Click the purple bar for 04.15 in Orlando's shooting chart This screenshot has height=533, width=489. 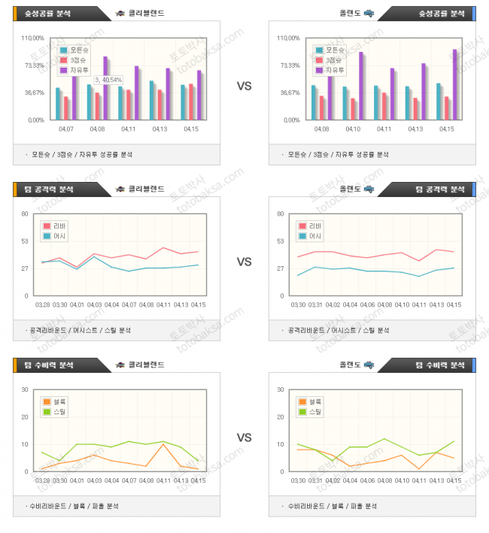tap(454, 83)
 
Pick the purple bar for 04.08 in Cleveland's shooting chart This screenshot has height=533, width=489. tap(106, 87)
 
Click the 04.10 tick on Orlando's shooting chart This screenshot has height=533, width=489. tap(354, 129)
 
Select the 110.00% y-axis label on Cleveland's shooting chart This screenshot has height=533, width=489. tap(35, 38)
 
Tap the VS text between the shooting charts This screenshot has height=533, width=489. tap(244, 86)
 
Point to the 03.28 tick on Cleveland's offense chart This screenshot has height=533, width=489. tap(43, 304)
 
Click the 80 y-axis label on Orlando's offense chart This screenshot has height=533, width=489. tap(280, 214)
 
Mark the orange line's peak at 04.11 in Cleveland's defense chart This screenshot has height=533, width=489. tap(163, 444)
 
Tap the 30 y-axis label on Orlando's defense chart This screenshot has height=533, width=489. tap(280, 390)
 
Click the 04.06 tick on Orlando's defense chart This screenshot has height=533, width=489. tap(367, 480)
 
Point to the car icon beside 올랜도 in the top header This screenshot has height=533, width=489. tap(369, 13)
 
